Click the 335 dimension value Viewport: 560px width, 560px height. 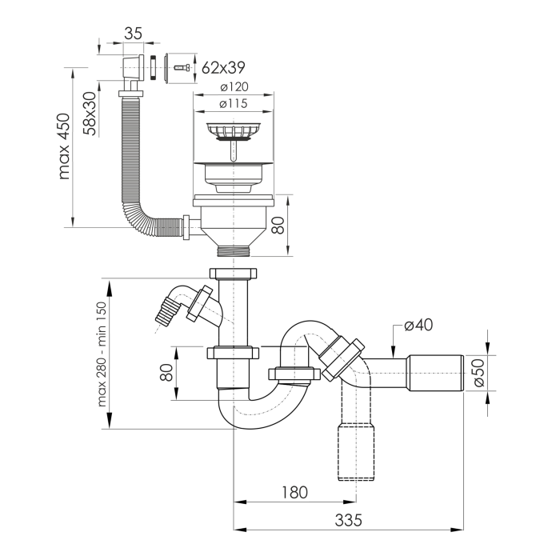(348, 520)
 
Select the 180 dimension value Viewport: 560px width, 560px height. (294, 493)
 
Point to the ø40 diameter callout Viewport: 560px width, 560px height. (418, 325)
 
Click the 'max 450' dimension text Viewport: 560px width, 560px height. (64, 146)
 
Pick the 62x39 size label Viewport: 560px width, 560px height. (223, 67)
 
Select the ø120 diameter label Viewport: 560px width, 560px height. (234, 86)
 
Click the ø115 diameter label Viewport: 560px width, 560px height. (234, 103)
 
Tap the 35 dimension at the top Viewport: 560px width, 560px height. (134, 34)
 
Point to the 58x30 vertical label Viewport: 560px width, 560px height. (90, 114)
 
